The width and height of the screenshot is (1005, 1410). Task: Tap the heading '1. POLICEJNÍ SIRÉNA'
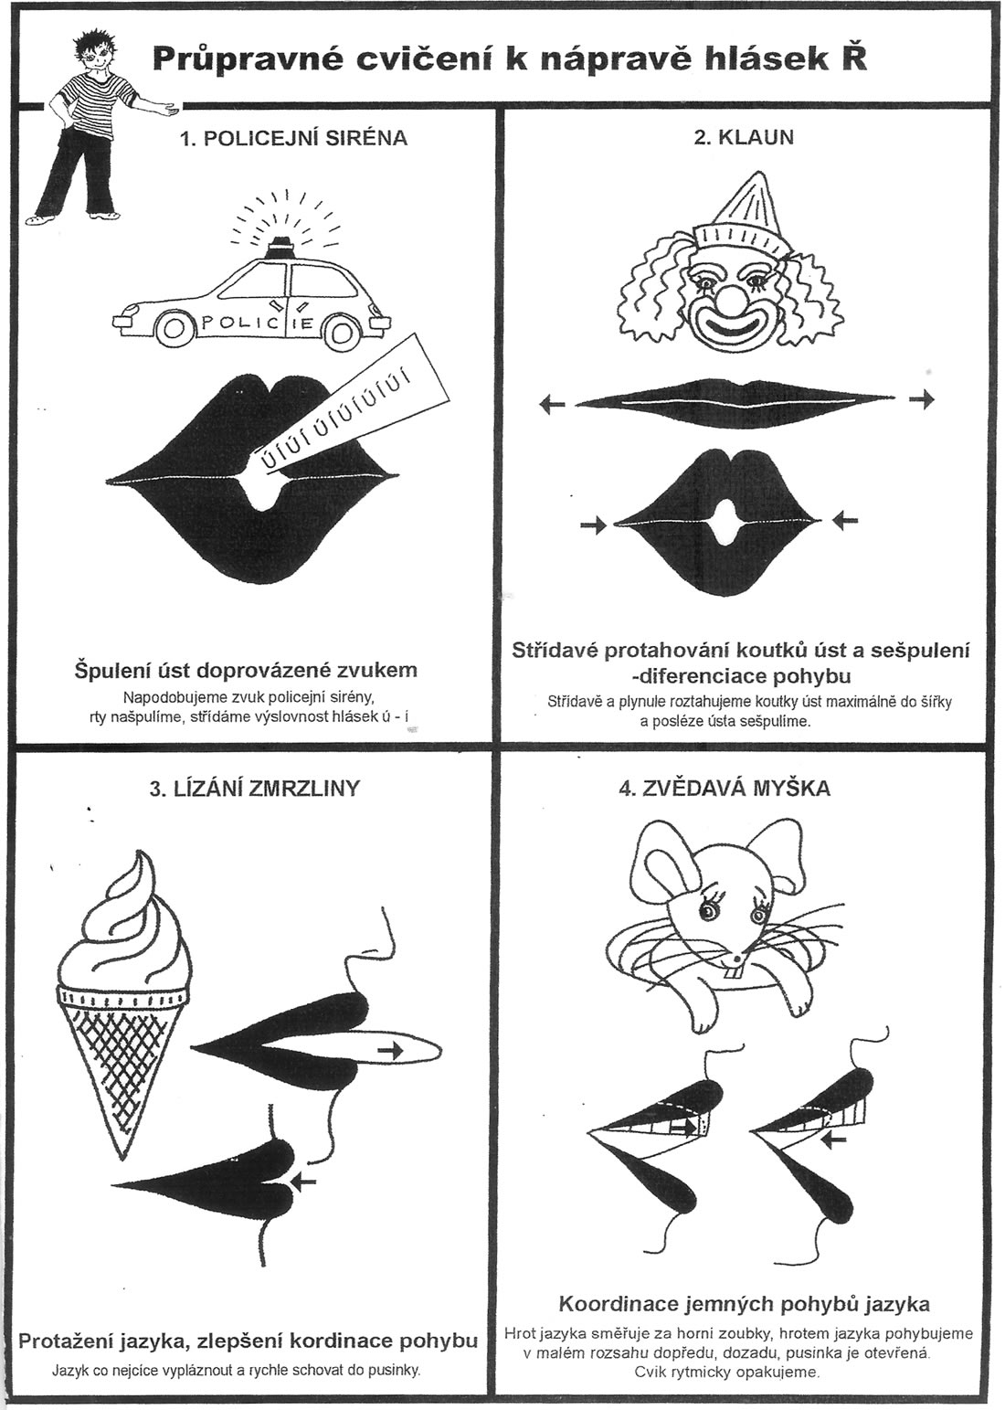(x=293, y=138)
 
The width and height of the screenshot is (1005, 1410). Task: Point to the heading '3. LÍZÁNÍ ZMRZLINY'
(x=254, y=788)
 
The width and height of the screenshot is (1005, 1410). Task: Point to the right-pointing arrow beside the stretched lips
(x=923, y=400)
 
